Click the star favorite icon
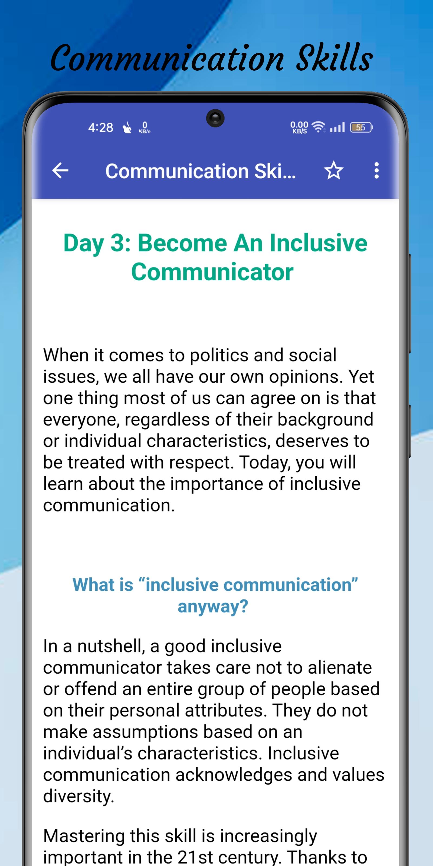point(333,170)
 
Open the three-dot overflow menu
point(376,170)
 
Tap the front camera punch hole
point(215,118)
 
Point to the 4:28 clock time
point(100,128)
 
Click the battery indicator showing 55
point(361,127)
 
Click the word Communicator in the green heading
point(212,272)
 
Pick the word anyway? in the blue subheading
point(213,606)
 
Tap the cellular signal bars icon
point(337,127)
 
